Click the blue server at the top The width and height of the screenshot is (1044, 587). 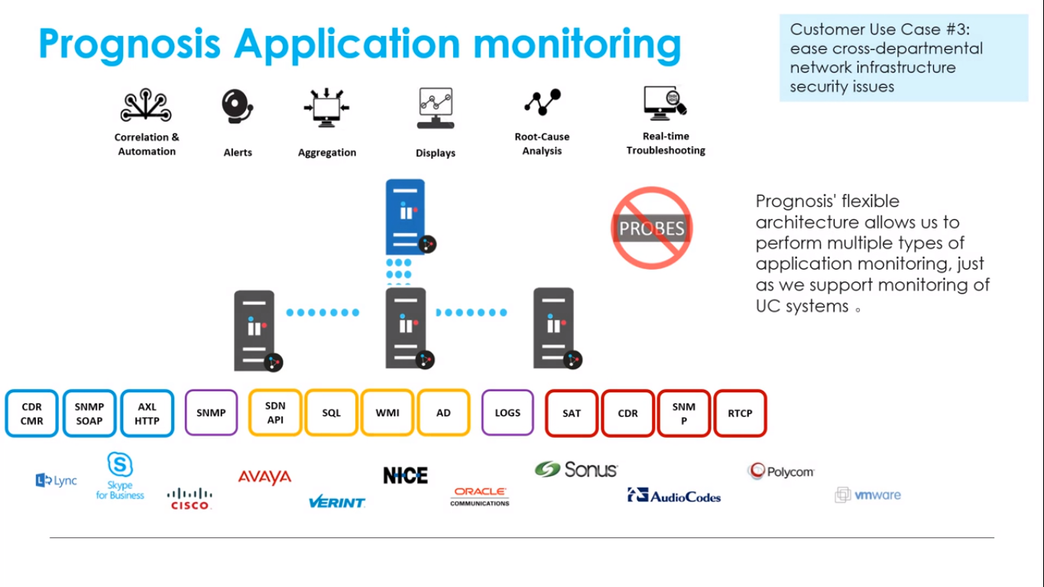click(406, 216)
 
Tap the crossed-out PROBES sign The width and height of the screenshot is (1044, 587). click(652, 228)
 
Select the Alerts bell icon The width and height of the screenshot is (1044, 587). click(237, 108)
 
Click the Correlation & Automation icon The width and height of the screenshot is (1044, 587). click(146, 106)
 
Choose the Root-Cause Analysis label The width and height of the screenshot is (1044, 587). click(542, 144)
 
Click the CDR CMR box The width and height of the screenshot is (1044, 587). click(32, 413)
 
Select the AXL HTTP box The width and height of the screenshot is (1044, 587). click(147, 413)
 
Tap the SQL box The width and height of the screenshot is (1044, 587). click(331, 413)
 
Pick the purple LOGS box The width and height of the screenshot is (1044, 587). click(507, 413)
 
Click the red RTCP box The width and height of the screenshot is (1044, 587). click(740, 413)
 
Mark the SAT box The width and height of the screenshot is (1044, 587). click(572, 413)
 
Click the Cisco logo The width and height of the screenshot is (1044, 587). click(190, 498)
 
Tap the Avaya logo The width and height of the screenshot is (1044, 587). click(264, 477)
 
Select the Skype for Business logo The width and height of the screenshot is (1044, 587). click(120, 476)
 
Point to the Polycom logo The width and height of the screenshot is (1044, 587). click(781, 472)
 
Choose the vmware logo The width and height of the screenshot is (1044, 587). click(868, 495)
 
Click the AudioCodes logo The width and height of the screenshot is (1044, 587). click(674, 496)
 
